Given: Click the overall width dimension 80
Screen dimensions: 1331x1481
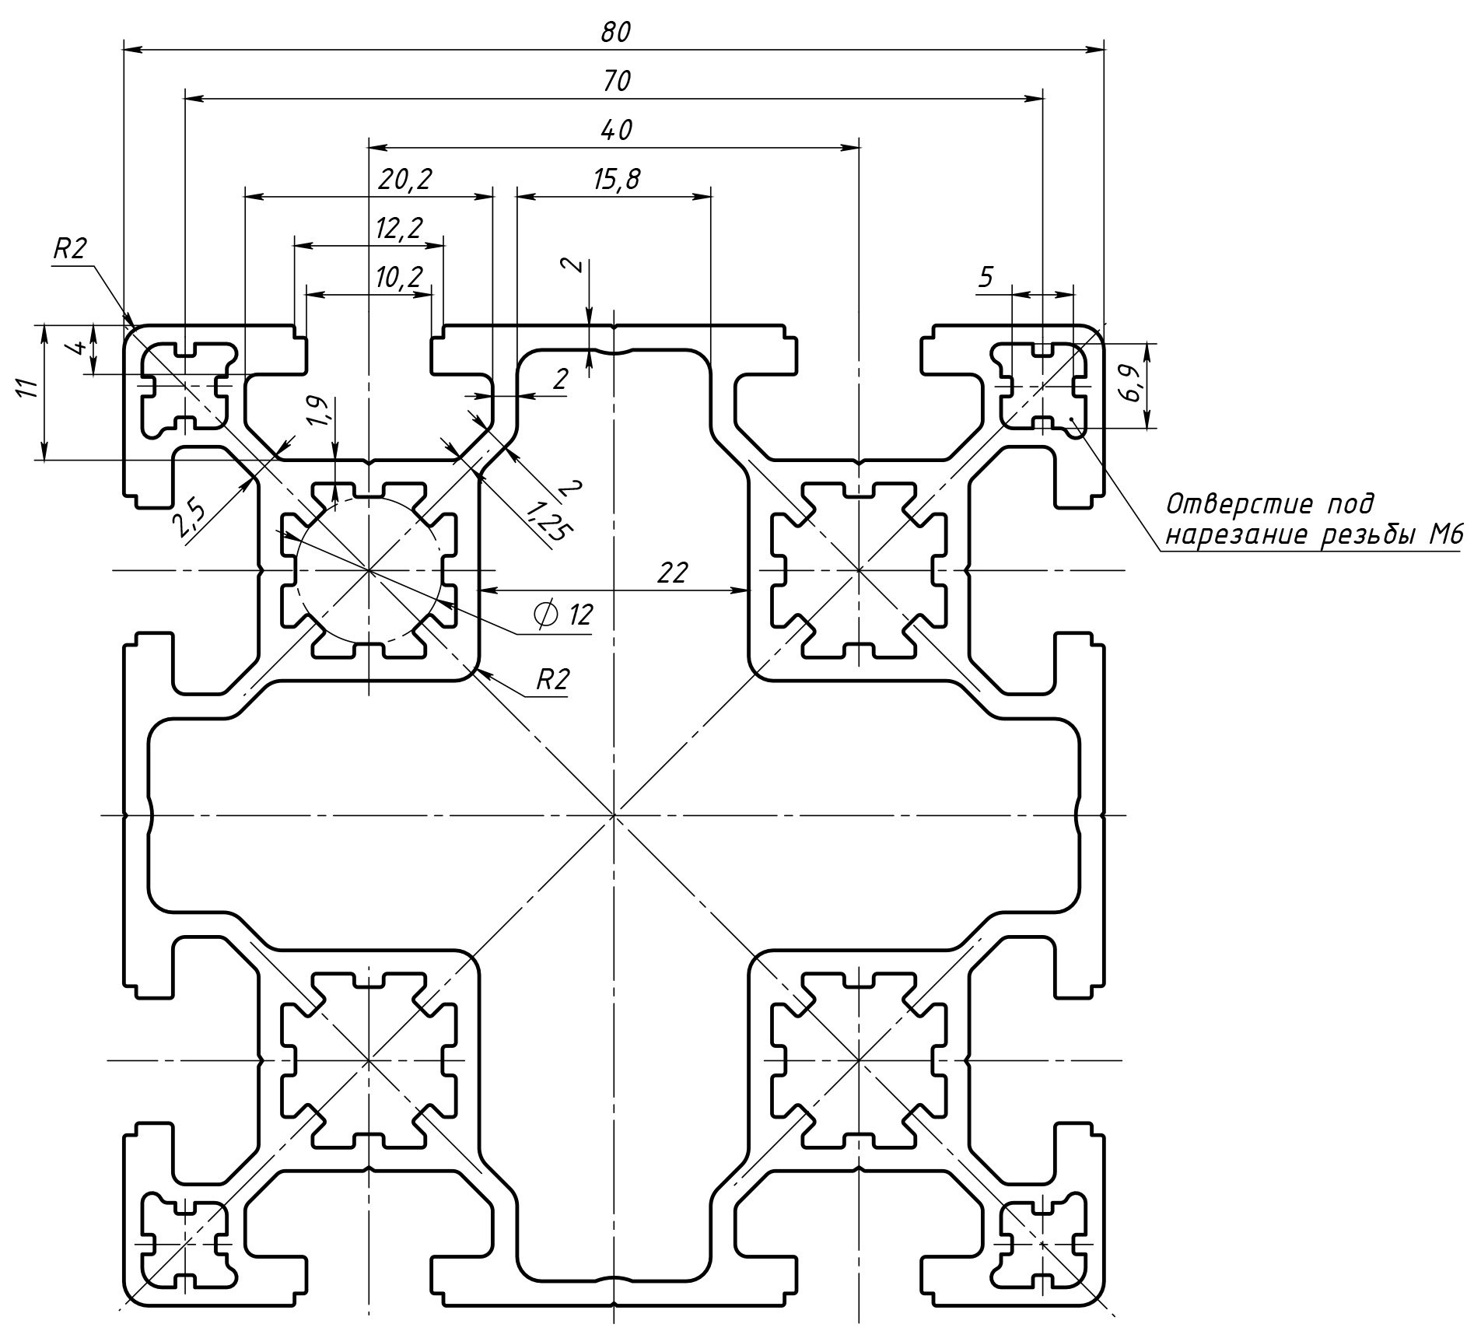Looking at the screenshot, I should pos(614,32).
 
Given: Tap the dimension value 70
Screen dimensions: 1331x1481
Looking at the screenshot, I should pos(616,81).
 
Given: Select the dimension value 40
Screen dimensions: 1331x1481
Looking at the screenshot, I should pos(616,129).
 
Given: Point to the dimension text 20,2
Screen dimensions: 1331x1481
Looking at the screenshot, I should pos(404,180).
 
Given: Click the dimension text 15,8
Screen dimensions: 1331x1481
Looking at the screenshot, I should pos(616,180).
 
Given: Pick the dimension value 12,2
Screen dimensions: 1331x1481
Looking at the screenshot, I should pos(398,229).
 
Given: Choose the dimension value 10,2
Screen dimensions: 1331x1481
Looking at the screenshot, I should pos(398,277).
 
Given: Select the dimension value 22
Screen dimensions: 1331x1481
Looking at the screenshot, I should pos(672,573).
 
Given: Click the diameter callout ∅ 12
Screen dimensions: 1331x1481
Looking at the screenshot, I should pos(563,615).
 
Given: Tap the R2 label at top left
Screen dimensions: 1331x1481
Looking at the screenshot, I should pos(69,248).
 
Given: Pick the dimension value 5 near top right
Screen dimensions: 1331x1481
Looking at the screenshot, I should pos(986,277).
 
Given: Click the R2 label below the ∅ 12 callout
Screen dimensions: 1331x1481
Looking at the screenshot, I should pos(552,680).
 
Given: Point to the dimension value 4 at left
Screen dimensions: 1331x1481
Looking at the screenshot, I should pos(77,347).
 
